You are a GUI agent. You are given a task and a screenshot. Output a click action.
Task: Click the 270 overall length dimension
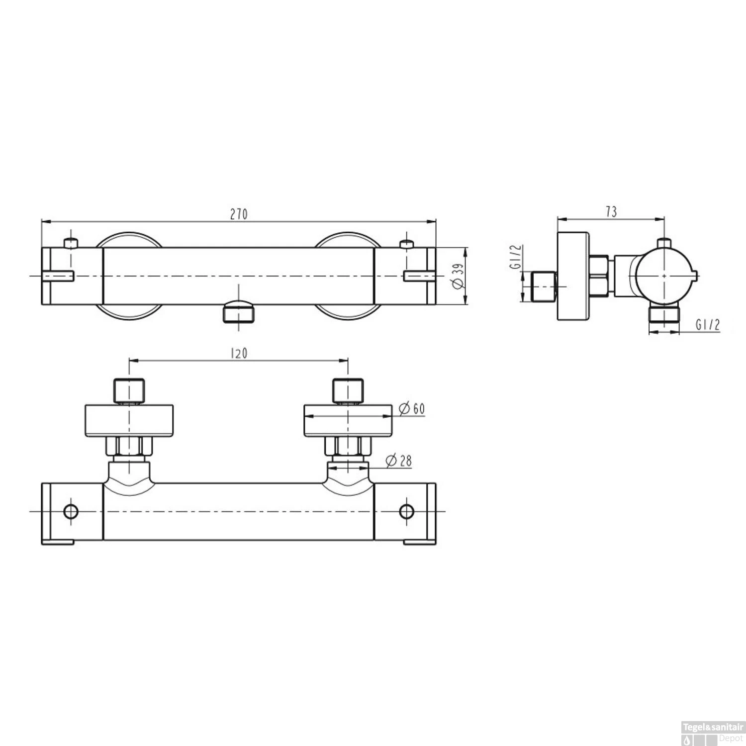tap(239, 214)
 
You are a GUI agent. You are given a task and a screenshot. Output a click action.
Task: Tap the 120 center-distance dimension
tap(239, 354)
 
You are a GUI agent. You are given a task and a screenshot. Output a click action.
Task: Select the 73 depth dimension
tap(611, 212)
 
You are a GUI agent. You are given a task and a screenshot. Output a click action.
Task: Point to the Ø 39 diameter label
tap(458, 276)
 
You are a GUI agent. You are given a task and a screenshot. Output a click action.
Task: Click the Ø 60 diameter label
tap(412, 409)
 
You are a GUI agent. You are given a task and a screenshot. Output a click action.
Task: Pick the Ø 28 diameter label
tap(399, 461)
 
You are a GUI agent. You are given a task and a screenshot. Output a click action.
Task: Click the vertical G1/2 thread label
tap(515, 257)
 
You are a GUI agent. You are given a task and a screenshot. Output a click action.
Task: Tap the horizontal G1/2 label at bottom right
tap(708, 325)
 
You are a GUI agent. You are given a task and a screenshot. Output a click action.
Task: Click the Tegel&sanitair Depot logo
tap(713, 733)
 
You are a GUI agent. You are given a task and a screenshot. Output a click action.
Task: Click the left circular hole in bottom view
tap(71, 511)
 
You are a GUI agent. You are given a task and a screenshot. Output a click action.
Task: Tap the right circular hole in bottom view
tap(407, 511)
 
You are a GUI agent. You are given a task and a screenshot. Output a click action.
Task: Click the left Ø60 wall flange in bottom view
tap(129, 421)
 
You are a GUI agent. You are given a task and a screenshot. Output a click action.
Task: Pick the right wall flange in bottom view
tap(348, 421)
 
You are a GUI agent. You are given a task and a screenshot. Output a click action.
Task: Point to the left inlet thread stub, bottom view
tap(129, 391)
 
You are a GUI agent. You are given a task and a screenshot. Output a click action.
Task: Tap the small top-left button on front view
tap(71, 243)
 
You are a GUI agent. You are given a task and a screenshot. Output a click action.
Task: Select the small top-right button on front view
tap(407, 243)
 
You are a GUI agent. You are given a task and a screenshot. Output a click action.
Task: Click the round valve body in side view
tap(664, 275)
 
